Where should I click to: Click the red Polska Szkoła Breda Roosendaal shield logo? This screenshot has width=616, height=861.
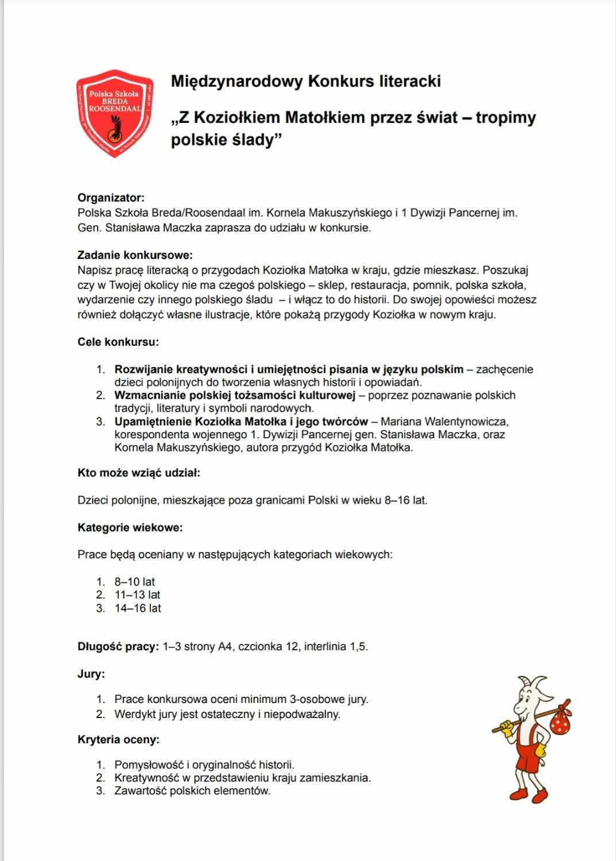click(x=115, y=113)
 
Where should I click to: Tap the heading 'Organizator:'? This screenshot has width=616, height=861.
click(x=111, y=198)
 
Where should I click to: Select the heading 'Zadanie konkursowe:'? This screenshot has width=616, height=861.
click(x=135, y=255)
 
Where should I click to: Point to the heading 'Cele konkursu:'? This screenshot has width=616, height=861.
click(x=118, y=342)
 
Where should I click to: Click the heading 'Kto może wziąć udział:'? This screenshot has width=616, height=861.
click(x=139, y=473)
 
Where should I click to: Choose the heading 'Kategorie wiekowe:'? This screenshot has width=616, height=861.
click(x=130, y=527)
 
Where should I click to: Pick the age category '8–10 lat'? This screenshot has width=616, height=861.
click(x=135, y=582)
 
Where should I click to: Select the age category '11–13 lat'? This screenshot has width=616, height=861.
click(x=137, y=595)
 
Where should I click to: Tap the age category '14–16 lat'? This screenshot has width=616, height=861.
click(x=138, y=608)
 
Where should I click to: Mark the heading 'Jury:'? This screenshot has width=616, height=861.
click(x=91, y=674)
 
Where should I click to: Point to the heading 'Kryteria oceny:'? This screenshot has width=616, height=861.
click(x=118, y=739)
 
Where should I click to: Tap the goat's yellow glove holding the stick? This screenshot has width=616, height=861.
click(x=506, y=728)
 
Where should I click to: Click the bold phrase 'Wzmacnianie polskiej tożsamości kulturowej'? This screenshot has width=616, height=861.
click(x=235, y=395)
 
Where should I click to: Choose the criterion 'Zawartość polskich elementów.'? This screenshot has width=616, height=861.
click(x=192, y=791)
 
